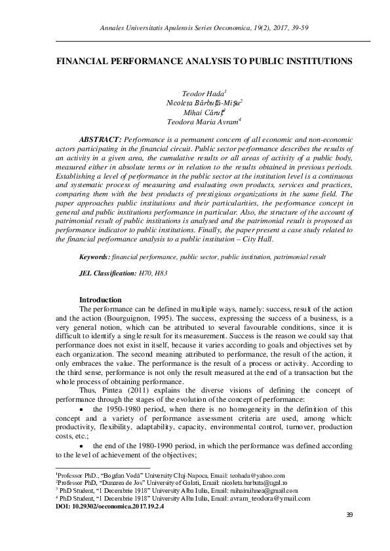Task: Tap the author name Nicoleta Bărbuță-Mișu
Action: click(x=204, y=103)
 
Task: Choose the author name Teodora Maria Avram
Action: click(x=203, y=121)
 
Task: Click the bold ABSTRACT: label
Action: click(x=100, y=140)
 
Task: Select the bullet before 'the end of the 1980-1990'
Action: click(x=81, y=446)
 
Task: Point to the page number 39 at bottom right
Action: click(x=349, y=516)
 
